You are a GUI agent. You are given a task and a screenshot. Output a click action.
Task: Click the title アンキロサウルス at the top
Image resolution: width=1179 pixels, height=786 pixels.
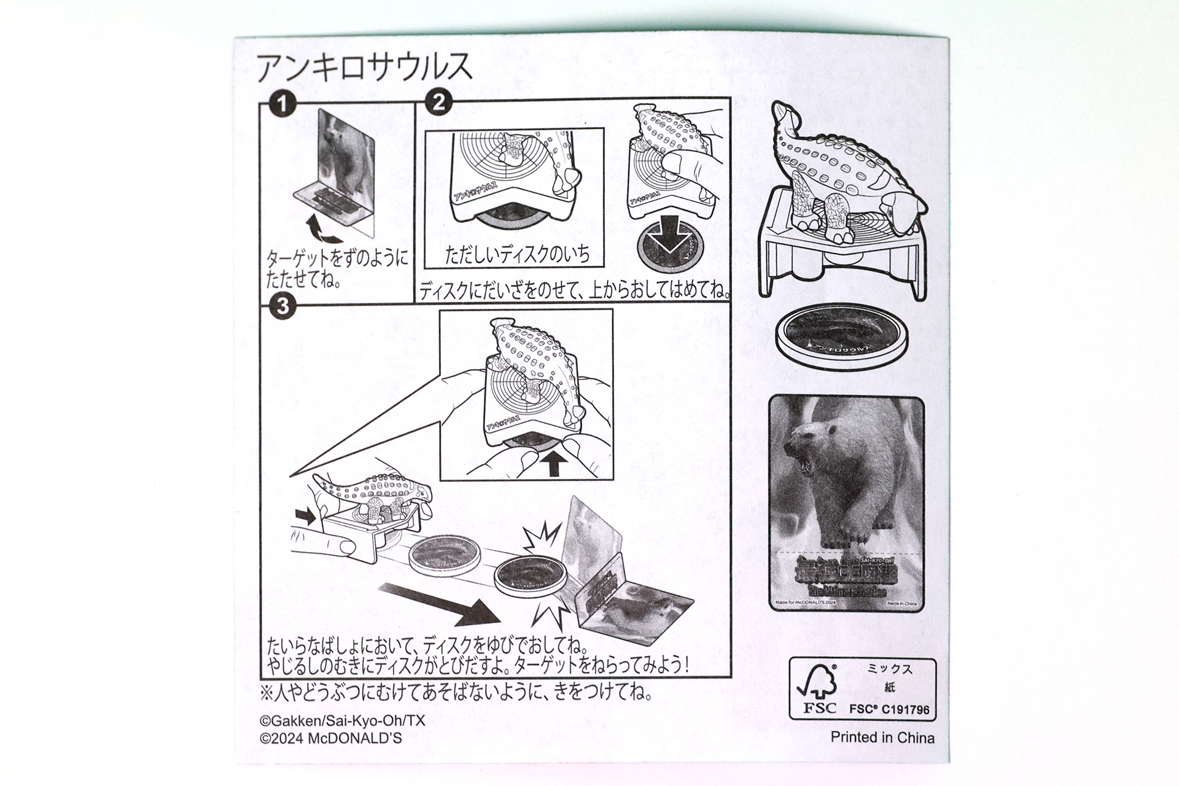365,68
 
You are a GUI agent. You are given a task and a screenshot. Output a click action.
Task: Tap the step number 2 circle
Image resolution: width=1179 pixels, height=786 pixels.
438,102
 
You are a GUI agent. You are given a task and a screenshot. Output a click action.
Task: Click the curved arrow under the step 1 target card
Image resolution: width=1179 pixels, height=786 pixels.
325,232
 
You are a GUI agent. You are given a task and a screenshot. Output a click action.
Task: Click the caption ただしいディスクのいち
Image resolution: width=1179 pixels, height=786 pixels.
516,255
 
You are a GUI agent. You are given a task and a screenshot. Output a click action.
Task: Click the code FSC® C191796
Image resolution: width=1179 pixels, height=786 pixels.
889,709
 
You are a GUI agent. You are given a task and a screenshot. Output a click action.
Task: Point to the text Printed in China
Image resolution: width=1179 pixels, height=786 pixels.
882,737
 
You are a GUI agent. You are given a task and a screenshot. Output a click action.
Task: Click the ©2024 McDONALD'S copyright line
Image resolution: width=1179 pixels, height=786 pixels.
331,739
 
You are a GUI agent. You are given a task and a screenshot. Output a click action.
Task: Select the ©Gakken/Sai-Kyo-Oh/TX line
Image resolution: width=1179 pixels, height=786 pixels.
343,721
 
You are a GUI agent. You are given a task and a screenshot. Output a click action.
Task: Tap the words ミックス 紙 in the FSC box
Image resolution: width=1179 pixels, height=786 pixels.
889,678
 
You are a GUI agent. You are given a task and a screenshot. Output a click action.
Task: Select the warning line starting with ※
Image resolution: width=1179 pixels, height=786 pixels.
456,693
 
